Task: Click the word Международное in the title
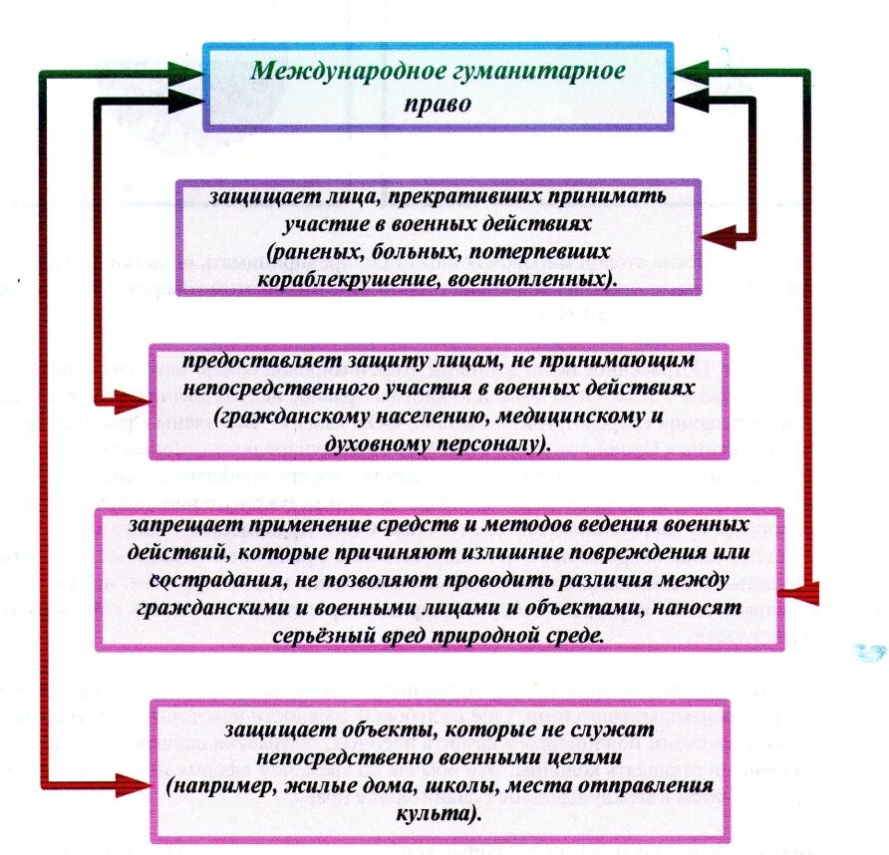pos(323,72)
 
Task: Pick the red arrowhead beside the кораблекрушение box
pos(719,236)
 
